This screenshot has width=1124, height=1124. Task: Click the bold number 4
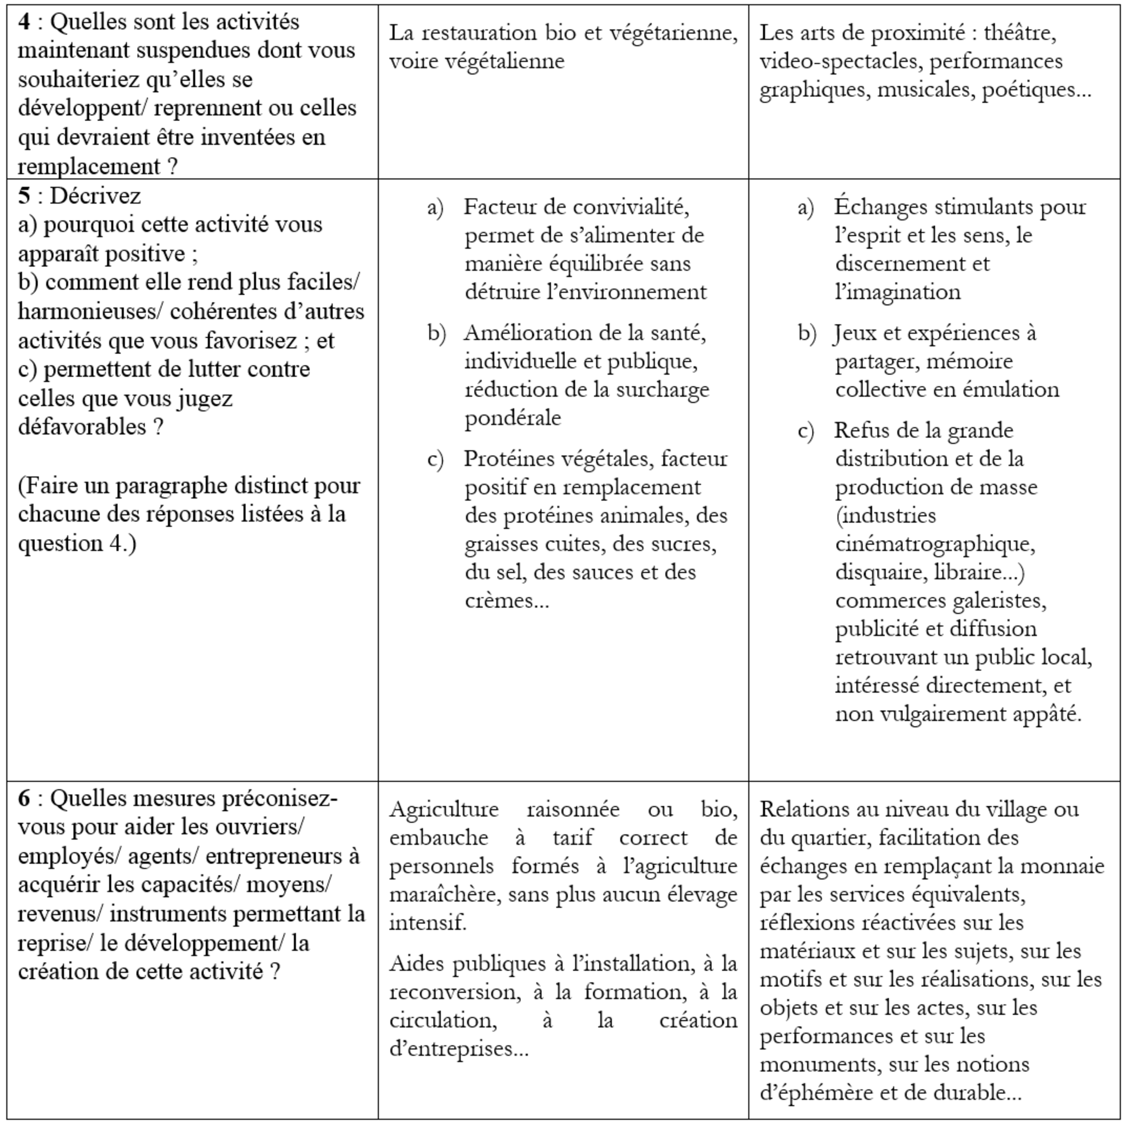(24, 22)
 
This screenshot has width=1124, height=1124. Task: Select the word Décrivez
(96, 196)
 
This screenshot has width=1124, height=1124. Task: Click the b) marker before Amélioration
(436, 333)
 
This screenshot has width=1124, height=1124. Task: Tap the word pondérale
(512, 418)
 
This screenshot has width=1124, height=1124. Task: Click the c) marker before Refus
(806, 431)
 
